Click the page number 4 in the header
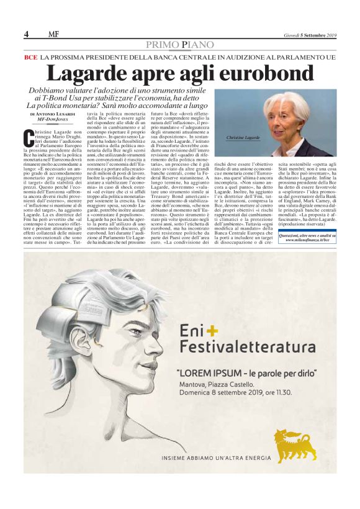click(x=26, y=34)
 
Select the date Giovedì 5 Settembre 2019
click(x=308, y=35)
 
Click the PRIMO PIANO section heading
click(x=180, y=45)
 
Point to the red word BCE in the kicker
click(x=30, y=57)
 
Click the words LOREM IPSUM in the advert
click(x=209, y=373)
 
